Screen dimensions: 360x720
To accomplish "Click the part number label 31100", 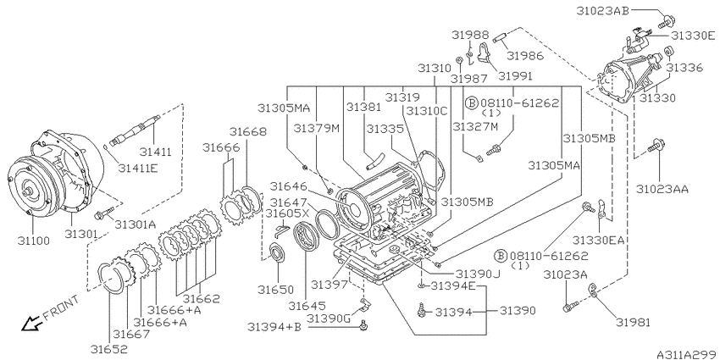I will point(30,241).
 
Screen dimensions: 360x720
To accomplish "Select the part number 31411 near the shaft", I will point(156,152).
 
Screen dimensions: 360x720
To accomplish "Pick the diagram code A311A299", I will point(685,352).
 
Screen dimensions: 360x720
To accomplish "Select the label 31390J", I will point(479,274).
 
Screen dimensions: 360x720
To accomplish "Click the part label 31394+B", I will point(274,326).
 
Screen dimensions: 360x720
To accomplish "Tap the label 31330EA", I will point(599,241).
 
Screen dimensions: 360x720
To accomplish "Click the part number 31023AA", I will point(662,188).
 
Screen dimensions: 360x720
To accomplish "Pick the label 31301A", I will point(136,224).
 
